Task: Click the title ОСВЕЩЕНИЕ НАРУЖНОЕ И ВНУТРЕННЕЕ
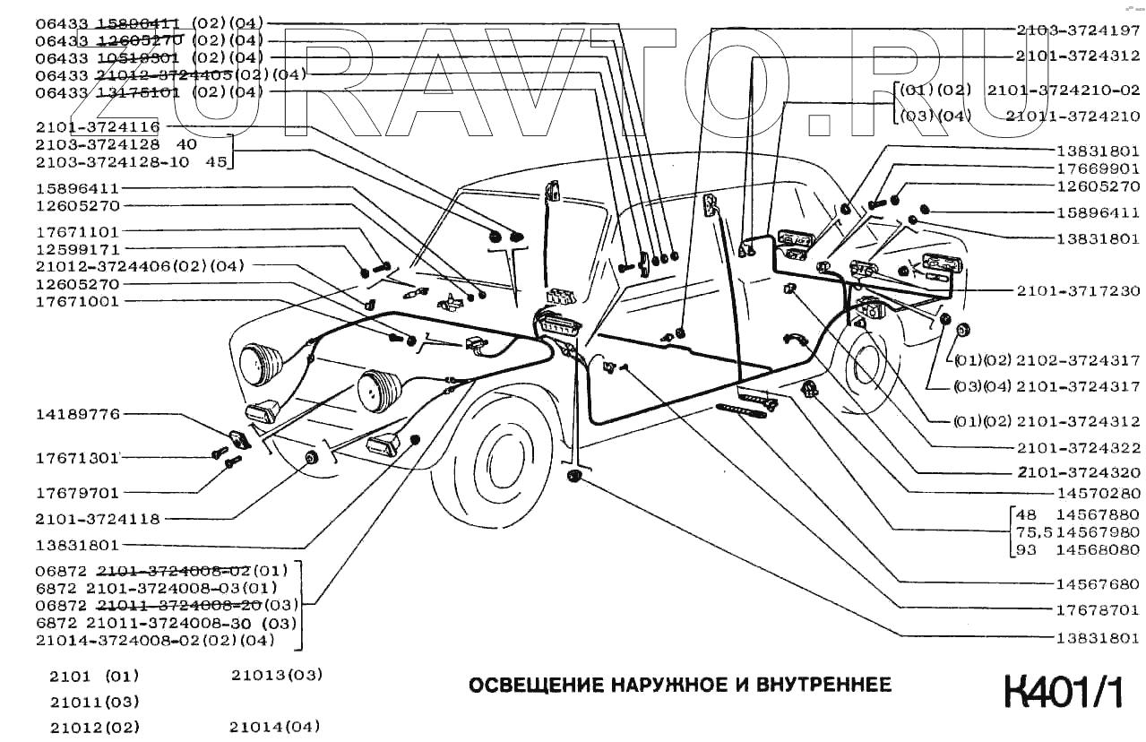click(681, 686)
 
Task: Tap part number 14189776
click(77, 414)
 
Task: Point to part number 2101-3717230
click(1078, 291)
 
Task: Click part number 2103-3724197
click(1078, 29)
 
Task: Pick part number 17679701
click(77, 492)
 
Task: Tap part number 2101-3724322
click(1078, 447)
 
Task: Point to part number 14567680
click(1097, 583)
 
